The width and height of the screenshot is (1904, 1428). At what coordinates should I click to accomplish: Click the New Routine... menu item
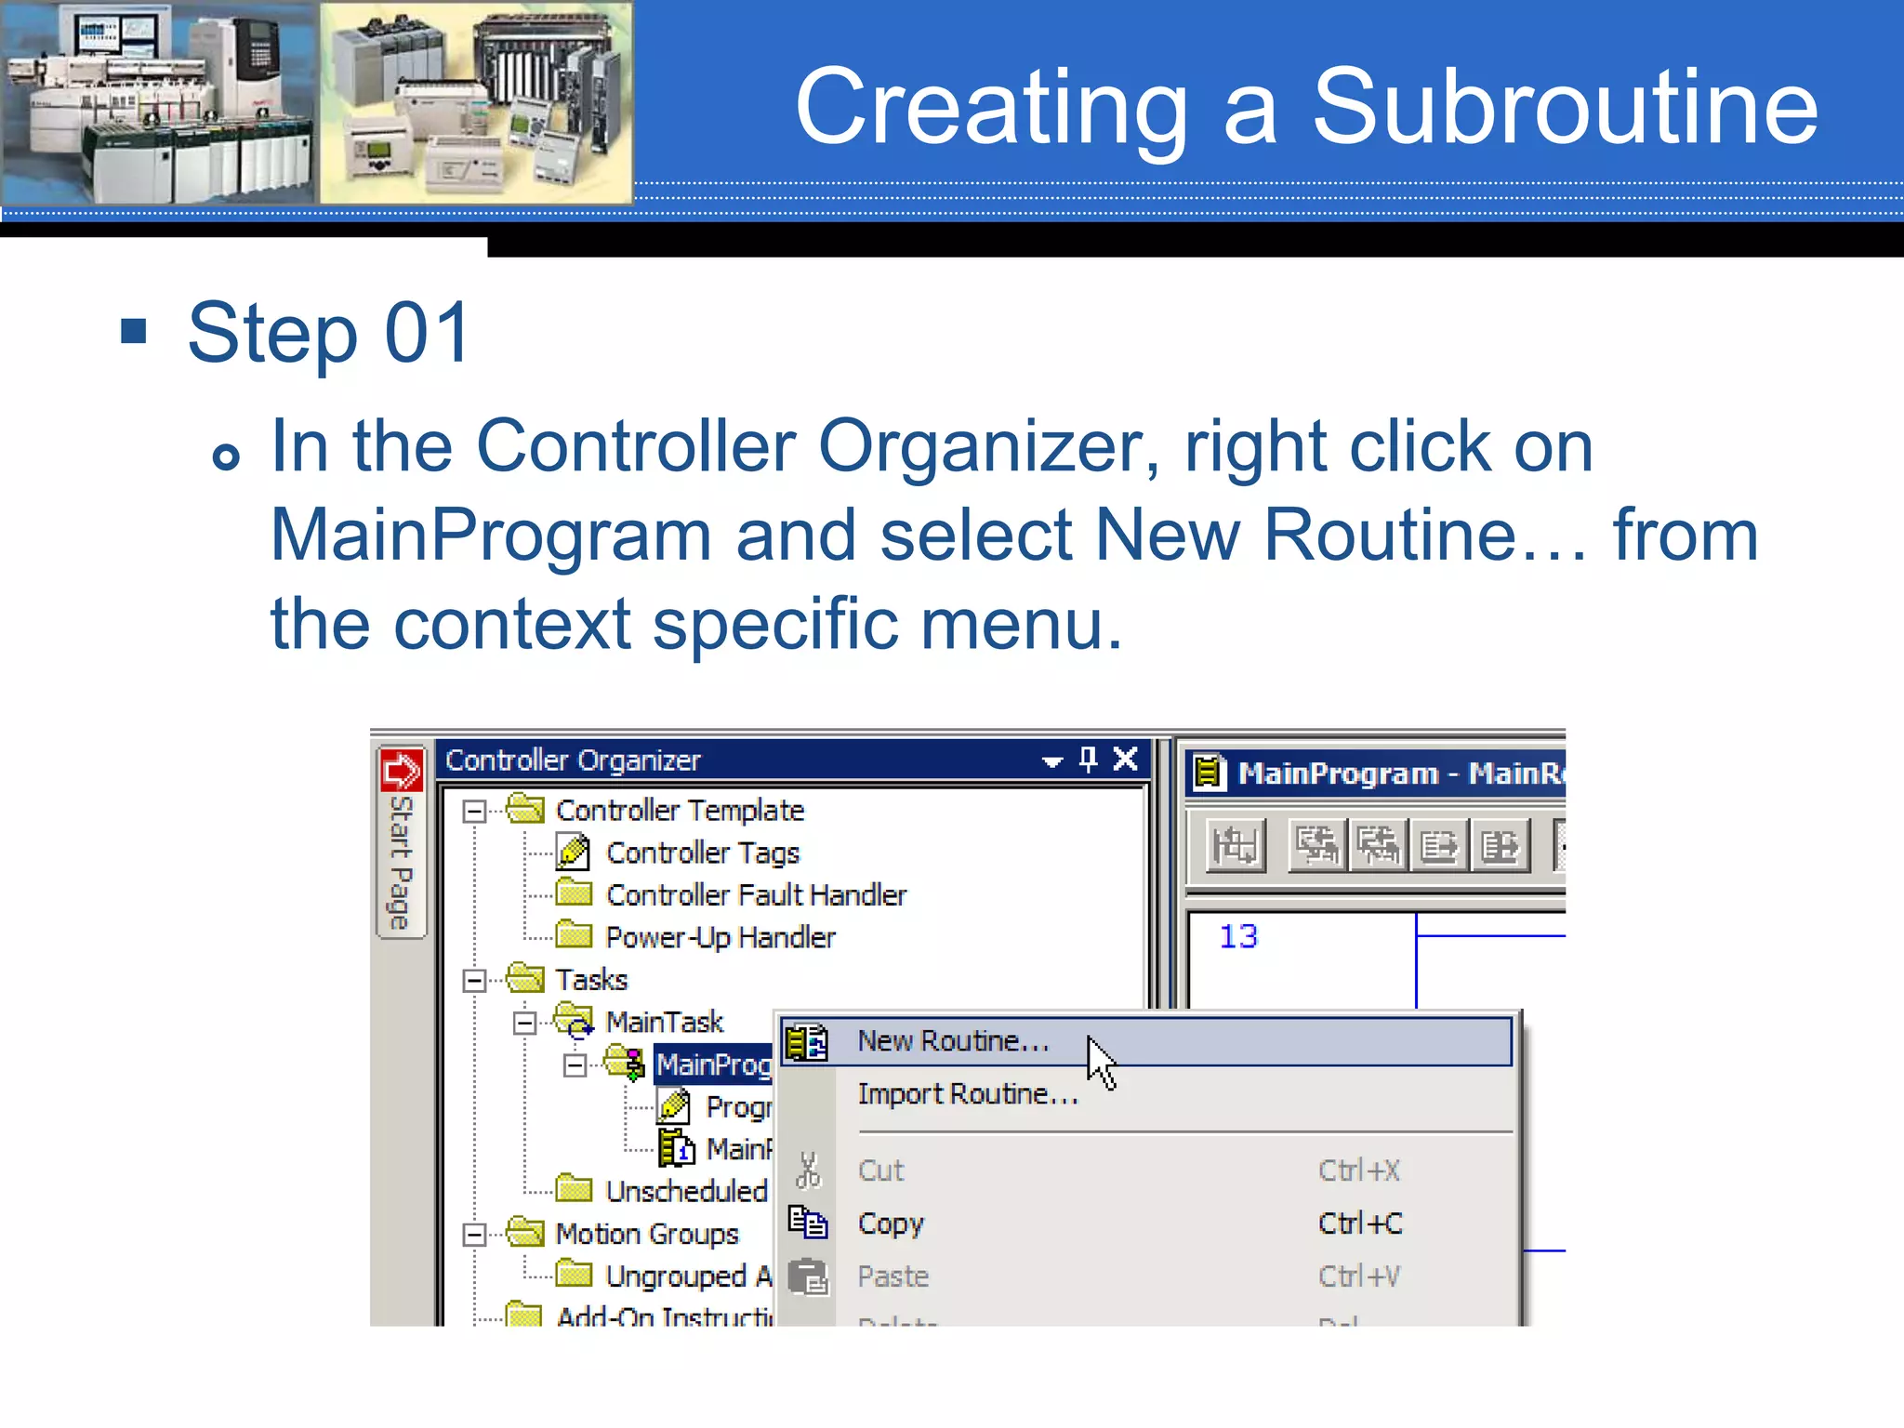click(953, 1041)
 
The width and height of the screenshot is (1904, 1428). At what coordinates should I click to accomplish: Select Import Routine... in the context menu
click(967, 1094)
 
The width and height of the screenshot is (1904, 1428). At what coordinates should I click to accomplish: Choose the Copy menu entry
click(891, 1223)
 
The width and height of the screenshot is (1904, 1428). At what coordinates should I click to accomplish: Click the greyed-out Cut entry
click(880, 1170)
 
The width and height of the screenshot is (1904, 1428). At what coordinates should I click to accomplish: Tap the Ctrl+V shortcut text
click(1358, 1276)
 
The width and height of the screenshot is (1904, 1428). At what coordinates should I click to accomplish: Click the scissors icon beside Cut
click(808, 1170)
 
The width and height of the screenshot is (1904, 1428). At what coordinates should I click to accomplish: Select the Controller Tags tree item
click(702, 853)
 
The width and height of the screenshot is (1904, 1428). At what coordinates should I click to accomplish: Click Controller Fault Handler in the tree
click(756, 894)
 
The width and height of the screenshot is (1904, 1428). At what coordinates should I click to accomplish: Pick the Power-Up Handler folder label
click(720, 937)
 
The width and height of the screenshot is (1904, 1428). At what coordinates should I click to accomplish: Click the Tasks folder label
click(591, 980)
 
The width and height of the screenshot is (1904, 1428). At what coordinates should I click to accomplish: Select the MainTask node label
click(664, 1022)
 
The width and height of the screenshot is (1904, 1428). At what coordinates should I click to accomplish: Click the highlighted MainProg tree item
click(713, 1064)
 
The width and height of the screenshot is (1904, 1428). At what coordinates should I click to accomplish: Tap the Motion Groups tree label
click(647, 1234)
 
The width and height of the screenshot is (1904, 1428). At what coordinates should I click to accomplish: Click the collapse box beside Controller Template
click(474, 811)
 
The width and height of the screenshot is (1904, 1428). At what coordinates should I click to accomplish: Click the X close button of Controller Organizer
click(1125, 760)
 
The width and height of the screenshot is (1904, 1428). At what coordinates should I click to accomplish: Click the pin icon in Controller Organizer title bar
click(1088, 760)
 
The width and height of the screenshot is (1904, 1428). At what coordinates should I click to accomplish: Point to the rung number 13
click(1237, 936)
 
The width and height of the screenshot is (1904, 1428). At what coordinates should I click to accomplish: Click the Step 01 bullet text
click(329, 333)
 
